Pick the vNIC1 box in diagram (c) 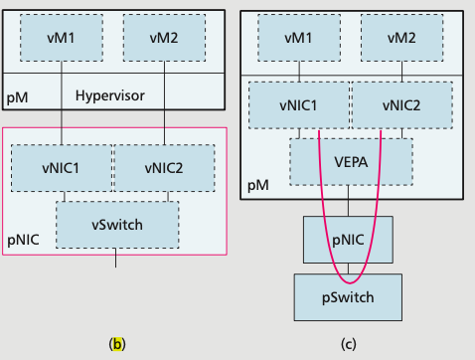[298, 104]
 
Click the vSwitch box [117, 224]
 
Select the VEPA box [350, 159]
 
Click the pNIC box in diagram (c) [349, 240]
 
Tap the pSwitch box [349, 295]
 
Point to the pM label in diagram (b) [18, 98]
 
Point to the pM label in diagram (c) [257, 186]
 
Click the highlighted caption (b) [117, 344]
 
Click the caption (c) [349, 344]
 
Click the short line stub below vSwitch [117, 262]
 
